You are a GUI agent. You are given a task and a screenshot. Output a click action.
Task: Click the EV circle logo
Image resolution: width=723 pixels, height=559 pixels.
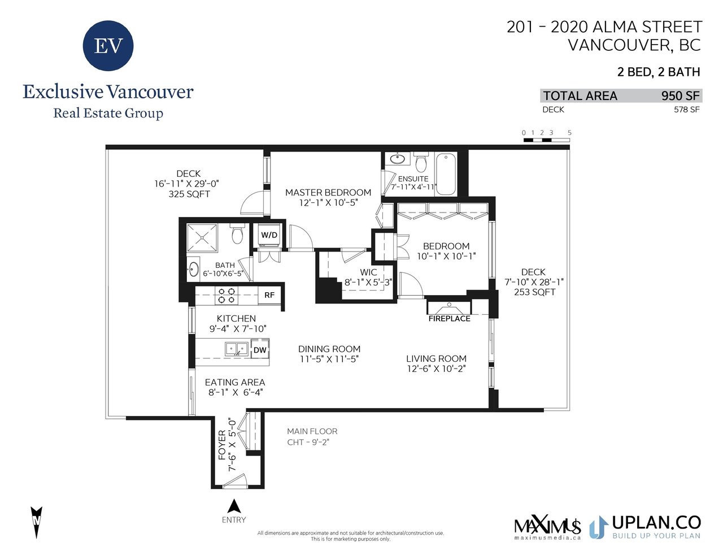click(108, 45)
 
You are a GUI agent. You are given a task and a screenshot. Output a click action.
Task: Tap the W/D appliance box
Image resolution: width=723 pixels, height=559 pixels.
click(269, 236)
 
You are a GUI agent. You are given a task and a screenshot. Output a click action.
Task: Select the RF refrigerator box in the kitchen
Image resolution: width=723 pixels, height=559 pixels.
click(269, 295)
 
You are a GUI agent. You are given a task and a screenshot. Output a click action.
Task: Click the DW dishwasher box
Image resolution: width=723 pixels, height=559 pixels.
click(260, 349)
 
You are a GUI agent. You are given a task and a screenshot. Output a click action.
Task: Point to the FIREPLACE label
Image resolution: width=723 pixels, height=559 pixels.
click(449, 319)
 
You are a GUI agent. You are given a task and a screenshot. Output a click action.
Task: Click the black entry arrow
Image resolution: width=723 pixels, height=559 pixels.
click(234, 506)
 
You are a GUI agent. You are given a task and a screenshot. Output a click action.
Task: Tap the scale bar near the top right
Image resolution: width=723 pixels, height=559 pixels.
click(546, 140)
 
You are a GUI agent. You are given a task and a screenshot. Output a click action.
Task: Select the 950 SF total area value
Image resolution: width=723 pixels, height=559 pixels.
click(680, 96)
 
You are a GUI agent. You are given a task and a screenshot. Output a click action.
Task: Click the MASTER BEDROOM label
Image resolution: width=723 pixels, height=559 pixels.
click(328, 192)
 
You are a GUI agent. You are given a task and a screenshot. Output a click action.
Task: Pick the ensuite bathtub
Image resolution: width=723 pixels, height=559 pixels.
click(446, 174)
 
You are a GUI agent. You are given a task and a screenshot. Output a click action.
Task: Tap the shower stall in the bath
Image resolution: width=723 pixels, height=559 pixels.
click(202, 238)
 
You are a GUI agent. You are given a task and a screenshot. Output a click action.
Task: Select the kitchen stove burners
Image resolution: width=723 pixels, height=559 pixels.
click(227, 295)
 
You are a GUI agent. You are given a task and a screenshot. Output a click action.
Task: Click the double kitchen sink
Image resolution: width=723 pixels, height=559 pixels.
click(237, 349)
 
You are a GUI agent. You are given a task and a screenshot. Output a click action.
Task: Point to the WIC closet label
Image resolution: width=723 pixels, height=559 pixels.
click(368, 272)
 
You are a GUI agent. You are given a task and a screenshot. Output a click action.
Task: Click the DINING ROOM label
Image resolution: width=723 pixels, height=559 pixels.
click(329, 349)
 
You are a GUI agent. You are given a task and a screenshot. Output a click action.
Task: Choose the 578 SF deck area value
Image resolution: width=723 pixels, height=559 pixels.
click(687, 110)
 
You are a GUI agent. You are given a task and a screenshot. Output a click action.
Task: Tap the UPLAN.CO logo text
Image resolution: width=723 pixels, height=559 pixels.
click(656, 523)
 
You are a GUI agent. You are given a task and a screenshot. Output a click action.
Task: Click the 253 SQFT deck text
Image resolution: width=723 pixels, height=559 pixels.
click(534, 292)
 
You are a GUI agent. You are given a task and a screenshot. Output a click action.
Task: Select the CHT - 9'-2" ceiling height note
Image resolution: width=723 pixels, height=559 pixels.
click(308, 443)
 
